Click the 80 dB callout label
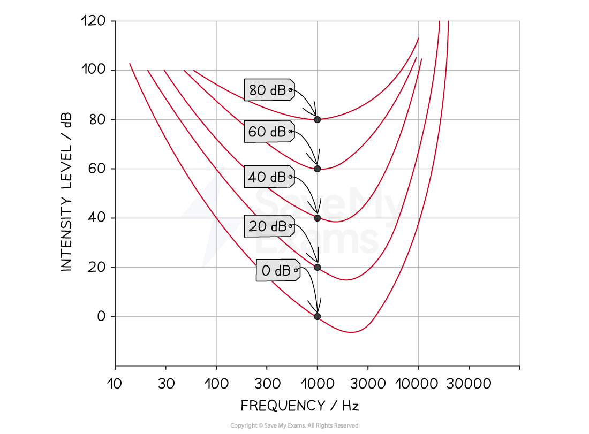click(269, 90)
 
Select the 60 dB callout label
click(269, 132)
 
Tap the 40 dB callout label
click(269, 177)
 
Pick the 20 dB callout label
click(269, 226)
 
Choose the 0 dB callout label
click(278, 270)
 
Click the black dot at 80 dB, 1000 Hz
click(318, 119)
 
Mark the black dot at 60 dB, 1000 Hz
click(318, 169)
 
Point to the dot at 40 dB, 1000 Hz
click(318, 218)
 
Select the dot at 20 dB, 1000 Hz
click(318, 268)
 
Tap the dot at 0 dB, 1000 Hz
click(318, 316)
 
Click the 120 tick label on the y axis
click(94, 21)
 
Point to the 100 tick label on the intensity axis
click(94, 70)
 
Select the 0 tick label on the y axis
click(101, 316)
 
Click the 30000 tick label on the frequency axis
click(469, 384)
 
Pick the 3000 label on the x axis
click(368, 384)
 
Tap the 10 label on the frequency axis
click(115, 384)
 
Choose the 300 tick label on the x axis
click(267, 384)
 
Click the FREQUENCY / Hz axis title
click(300, 406)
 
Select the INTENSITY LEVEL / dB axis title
click(66, 192)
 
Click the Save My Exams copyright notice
click(294, 425)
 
